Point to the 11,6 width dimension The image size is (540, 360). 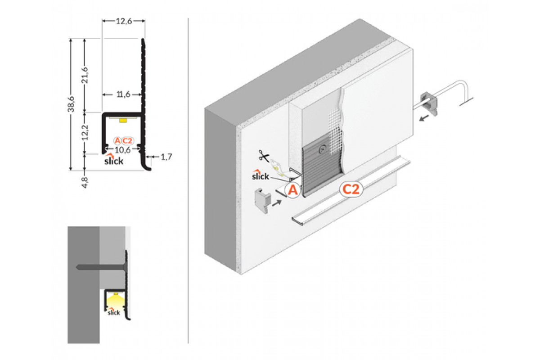tap(122, 94)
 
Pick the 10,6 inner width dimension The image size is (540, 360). tap(123, 149)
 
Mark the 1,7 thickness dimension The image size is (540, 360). tap(166, 157)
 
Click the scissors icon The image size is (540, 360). tap(264, 157)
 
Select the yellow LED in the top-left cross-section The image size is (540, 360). tap(123, 120)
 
